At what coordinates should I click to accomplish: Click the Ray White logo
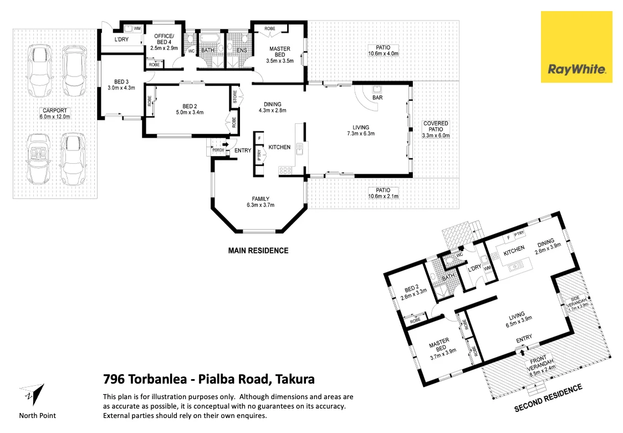(576, 47)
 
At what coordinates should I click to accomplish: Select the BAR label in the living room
(378, 98)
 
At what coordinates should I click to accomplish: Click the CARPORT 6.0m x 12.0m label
(54, 113)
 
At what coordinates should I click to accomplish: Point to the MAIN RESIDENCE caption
(258, 250)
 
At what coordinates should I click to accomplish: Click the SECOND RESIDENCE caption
(548, 398)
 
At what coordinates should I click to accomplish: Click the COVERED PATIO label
(436, 129)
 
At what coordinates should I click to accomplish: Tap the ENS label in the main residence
(241, 51)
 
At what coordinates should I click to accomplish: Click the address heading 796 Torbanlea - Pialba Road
(209, 380)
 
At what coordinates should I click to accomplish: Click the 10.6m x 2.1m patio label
(383, 193)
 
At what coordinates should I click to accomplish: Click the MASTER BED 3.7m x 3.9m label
(442, 351)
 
